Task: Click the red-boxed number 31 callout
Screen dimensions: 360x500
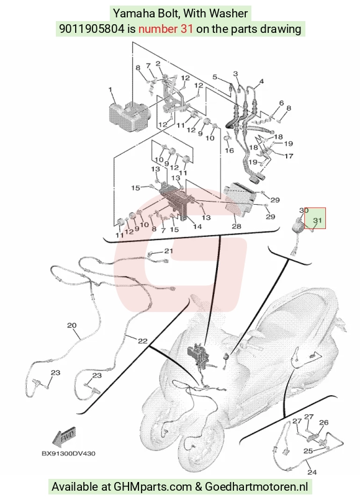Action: click(317, 220)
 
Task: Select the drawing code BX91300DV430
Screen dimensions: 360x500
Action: click(68, 453)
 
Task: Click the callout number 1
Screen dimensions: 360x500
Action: click(110, 89)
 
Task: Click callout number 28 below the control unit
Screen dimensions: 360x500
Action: click(236, 226)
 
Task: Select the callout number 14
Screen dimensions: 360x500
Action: click(197, 226)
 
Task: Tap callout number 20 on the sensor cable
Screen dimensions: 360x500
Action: click(72, 325)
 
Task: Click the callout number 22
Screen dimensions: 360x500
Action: click(142, 341)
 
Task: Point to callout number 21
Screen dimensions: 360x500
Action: click(168, 251)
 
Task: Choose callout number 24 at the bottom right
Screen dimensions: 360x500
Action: click(312, 471)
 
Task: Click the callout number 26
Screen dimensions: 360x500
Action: click(323, 422)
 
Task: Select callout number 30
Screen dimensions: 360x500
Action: click(304, 210)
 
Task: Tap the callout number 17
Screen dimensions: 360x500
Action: click(289, 156)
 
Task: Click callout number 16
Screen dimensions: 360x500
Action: click(230, 150)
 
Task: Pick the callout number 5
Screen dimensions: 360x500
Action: click(215, 77)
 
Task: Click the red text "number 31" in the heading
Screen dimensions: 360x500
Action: click(166, 29)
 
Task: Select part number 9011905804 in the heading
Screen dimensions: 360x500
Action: click(92, 29)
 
